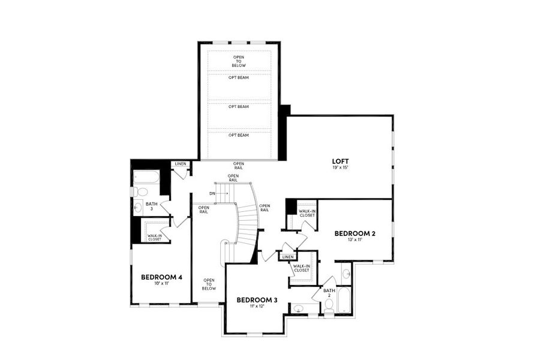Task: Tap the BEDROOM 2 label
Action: click(354, 233)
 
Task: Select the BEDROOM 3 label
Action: click(257, 299)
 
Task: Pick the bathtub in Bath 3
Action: click(146, 177)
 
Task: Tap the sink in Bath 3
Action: click(139, 208)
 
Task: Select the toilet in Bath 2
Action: click(329, 305)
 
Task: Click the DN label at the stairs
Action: click(212, 193)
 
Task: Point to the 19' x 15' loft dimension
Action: click(341, 168)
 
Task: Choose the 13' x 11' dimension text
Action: click(354, 239)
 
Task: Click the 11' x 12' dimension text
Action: click(257, 306)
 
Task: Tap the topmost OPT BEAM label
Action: click(239, 79)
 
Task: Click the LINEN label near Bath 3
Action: click(180, 164)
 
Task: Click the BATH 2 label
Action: click(329, 293)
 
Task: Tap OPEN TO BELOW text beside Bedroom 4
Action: click(209, 284)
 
